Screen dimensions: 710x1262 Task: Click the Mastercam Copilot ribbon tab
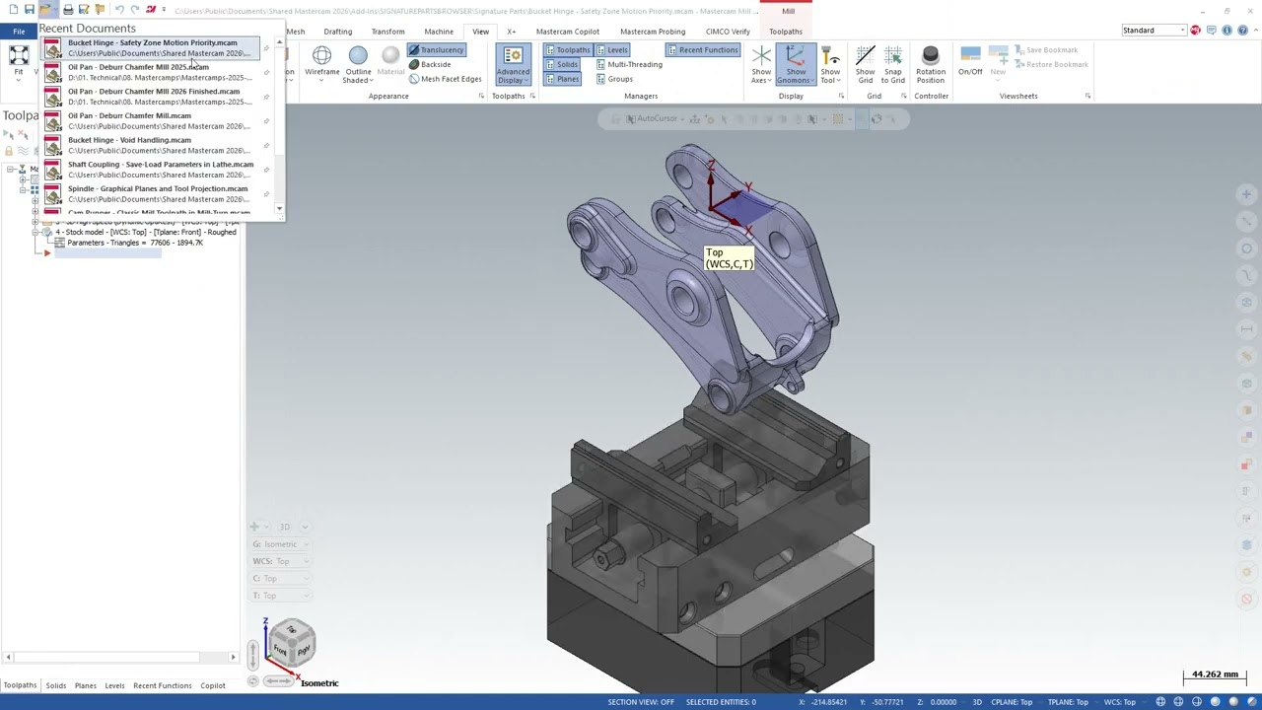(x=567, y=32)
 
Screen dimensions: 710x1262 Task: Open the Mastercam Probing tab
(x=652, y=32)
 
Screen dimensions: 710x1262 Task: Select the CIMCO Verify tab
(x=728, y=32)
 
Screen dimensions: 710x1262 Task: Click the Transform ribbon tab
(x=387, y=32)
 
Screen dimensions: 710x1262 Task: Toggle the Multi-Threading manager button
(x=634, y=65)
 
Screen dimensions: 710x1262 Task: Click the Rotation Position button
(x=930, y=65)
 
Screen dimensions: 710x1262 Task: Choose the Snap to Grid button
(x=893, y=65)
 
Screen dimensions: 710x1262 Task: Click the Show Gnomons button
(x=796, y=65)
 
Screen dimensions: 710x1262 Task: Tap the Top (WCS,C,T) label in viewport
(x=729, y=258)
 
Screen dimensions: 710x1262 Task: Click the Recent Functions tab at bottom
(x=162, y=685)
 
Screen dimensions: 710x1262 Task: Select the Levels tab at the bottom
(x=114, y=685)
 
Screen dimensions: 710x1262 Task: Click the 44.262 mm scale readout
(x=1215, y=674)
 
